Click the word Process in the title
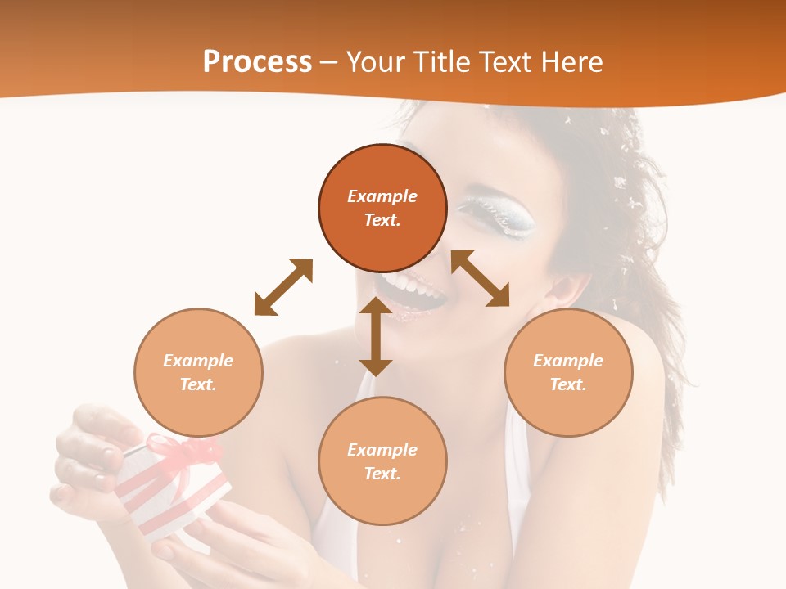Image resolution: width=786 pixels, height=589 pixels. pos(257,61)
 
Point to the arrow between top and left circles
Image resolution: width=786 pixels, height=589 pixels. pos(283,287)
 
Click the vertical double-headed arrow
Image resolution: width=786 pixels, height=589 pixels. pos(376,336)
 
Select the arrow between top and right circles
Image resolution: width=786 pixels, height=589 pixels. pos(480,278)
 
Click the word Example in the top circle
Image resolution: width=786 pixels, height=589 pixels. pos(382,196)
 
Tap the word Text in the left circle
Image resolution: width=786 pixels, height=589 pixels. pos(198,384)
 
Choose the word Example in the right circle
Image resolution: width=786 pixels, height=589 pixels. pos(568,361)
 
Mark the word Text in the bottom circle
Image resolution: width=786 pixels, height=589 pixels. pos(382,474)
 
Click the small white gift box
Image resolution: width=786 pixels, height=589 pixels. pos(172,491)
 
